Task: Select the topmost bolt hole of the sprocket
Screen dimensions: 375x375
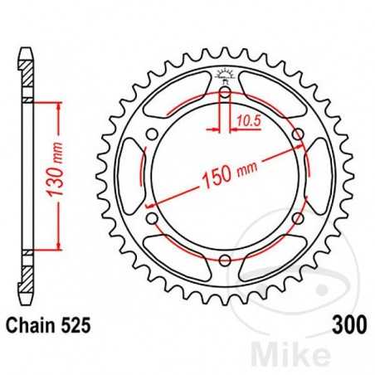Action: pos(225,93)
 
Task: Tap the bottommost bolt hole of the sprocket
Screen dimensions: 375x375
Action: pos(225,261)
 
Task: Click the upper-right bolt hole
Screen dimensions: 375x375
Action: pos(297,135)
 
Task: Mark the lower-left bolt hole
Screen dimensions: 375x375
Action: pos(152,219)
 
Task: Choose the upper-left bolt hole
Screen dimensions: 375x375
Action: pos(152,135)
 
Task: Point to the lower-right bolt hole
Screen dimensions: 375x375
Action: pos(297,219)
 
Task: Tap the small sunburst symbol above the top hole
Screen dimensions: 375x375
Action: pos(225,75)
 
